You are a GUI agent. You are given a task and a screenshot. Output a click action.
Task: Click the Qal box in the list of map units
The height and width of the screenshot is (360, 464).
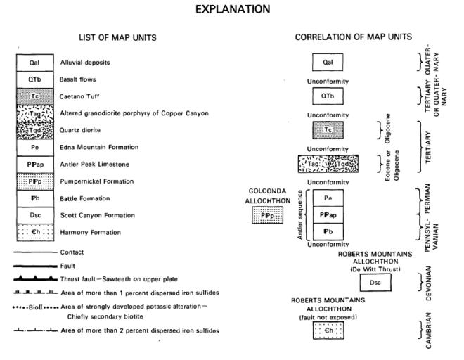tap(32, 63)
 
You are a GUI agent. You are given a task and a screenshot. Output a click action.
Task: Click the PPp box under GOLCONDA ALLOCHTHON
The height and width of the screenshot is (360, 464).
tap(266, 214)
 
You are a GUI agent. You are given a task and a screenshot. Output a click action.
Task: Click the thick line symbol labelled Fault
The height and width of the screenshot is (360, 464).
tap(35, 265)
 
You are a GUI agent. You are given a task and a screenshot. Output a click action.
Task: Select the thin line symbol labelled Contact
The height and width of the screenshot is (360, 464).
tap(35, 252)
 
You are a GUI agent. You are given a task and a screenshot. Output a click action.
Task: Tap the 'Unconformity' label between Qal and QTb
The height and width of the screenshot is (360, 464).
tap(326, 79)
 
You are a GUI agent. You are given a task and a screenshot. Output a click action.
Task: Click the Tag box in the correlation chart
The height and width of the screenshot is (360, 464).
tap(313, 165)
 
